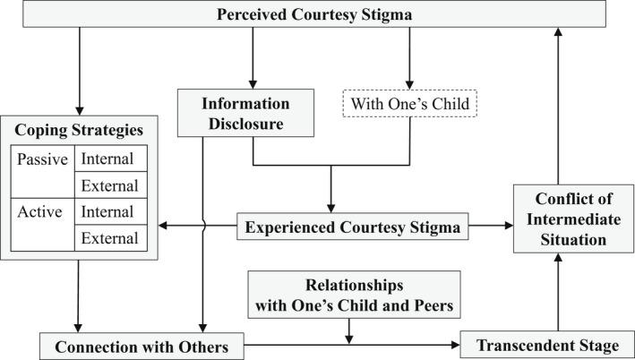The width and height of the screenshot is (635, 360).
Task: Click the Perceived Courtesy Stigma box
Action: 317,14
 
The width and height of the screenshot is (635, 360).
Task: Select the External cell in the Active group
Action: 107,238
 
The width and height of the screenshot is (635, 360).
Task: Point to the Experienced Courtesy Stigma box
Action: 352,228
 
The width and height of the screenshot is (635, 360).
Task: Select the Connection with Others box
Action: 142,346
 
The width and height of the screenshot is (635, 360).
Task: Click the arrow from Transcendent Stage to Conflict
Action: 558,291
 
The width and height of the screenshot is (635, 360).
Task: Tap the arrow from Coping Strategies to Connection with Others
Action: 79,296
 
